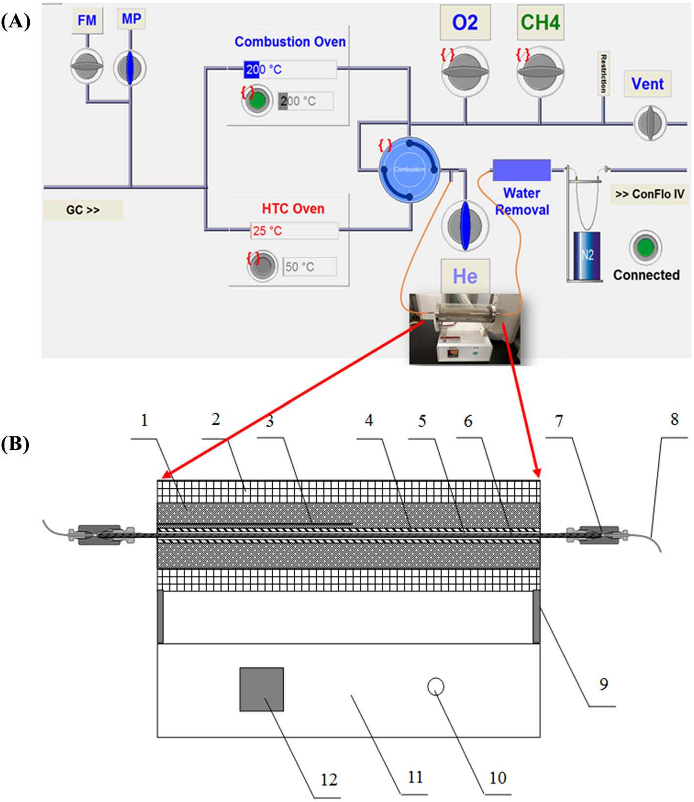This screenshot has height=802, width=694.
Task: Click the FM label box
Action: tap(87, 21)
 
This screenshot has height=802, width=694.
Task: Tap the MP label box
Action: tap(131, 20)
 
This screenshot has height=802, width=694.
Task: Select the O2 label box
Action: tap(465, 22)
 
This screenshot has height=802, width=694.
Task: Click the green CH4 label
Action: tap(540, 22)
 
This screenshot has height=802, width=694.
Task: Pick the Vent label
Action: tap(648, 84)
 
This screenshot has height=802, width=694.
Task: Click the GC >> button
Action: tap(83, 210)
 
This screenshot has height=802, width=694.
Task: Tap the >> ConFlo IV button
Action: tap(650, 194)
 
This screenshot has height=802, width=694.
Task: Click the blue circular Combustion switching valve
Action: tap(410, 170)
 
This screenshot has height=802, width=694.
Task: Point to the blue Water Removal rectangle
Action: tap(521, 170)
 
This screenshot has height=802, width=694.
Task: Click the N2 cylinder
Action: tap(586, 256)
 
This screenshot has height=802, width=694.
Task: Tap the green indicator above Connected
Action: tap(645, 247)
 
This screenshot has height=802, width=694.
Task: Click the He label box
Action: tap(465, 277)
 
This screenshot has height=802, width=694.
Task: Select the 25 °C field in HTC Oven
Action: tap(294, 231)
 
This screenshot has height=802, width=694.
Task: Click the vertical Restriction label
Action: tap(604, 73)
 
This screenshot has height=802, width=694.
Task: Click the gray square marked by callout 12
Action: tap(261, 689)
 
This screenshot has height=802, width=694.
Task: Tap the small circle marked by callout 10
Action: tap(435, 687)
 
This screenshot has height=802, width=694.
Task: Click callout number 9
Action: tap(604, 684)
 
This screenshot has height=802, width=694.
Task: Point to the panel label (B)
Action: tap(16, 444)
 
